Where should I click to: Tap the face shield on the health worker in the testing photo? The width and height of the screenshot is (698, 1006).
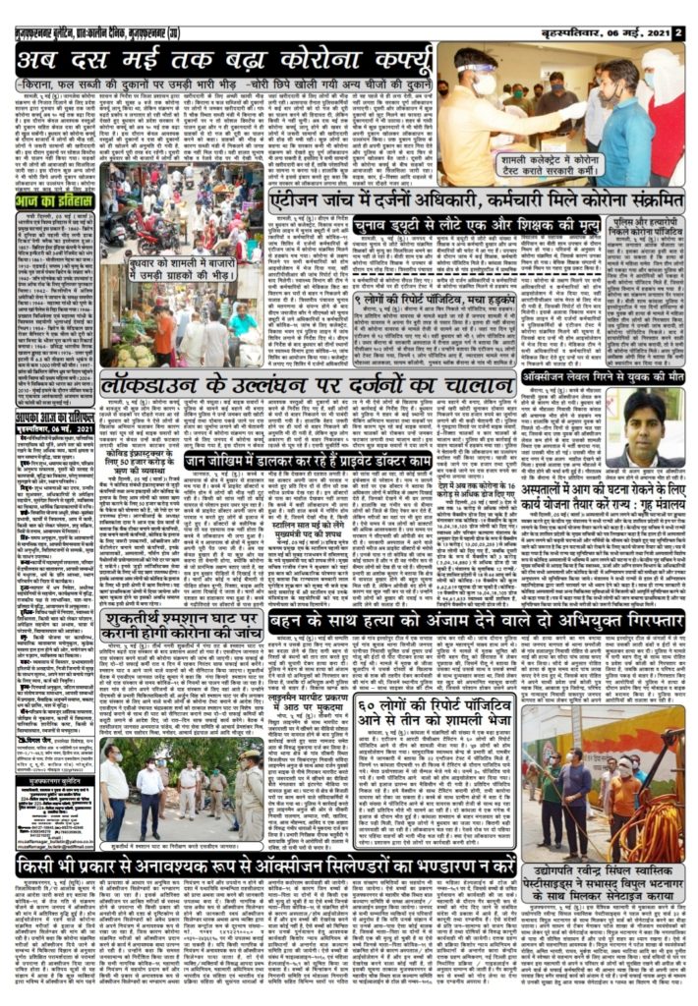click(x=484, y=69)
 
